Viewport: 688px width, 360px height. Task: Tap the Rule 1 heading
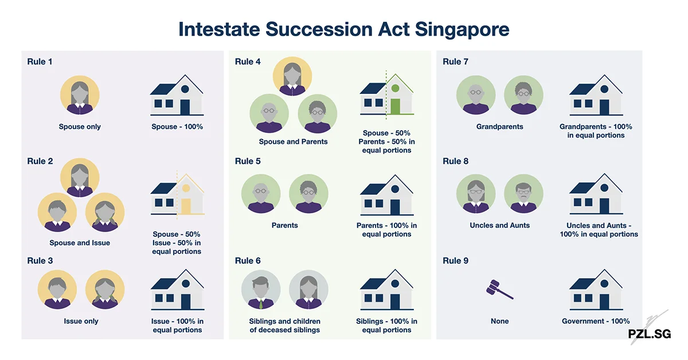click(40, 61)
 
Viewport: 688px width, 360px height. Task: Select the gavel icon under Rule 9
click(499, 290)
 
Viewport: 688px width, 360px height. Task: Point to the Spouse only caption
click(80, 127)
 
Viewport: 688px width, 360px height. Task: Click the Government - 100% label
click(596, 321)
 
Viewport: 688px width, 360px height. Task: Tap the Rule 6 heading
click(248, 261)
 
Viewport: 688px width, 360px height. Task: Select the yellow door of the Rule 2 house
click(186, 206)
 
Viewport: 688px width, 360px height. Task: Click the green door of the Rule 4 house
click(395, 106)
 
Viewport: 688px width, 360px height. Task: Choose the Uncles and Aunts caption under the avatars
click(499, 225)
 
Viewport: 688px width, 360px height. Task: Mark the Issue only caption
click(81, 321)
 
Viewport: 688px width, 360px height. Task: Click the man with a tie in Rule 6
click(261, 290)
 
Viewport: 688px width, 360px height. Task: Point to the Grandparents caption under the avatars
click(499, 127)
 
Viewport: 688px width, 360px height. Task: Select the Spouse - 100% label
click(177, 127)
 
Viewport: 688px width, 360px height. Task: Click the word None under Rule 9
click(499, 321)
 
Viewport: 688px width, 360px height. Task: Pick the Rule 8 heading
click(456, 161)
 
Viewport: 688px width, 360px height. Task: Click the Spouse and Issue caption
click(80, 242)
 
